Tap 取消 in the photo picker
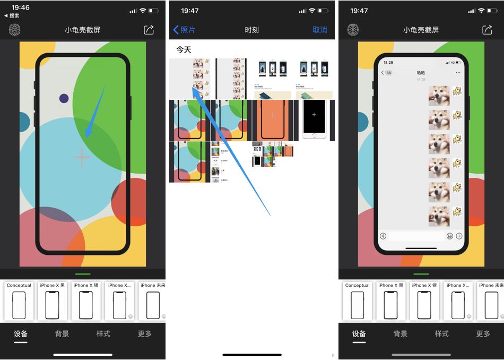319,30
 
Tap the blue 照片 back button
184,30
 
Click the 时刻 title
251,30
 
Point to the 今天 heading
184,49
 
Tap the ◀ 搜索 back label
12,16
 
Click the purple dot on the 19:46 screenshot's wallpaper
64,98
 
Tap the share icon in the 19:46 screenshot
149,30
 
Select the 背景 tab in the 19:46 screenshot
62,333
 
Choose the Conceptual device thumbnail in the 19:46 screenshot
19,302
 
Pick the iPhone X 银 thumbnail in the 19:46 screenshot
86,302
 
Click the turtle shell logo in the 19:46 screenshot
15,30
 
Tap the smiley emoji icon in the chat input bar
450,236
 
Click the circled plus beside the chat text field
459,236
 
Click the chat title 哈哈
421,73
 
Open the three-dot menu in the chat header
458,73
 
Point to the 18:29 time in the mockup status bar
388,62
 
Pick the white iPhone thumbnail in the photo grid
314,119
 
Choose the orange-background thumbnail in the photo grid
273,119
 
